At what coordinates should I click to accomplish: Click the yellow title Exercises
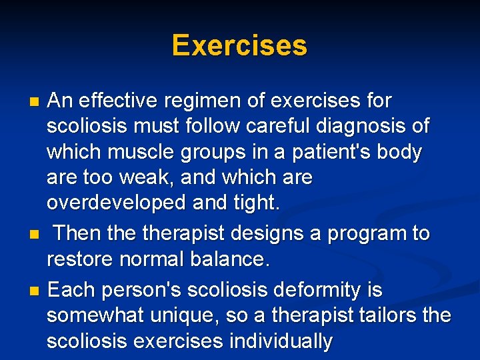pos(239,46)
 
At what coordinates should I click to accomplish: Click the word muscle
pos(147,152)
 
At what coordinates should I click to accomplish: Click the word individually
pos(281,341)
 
